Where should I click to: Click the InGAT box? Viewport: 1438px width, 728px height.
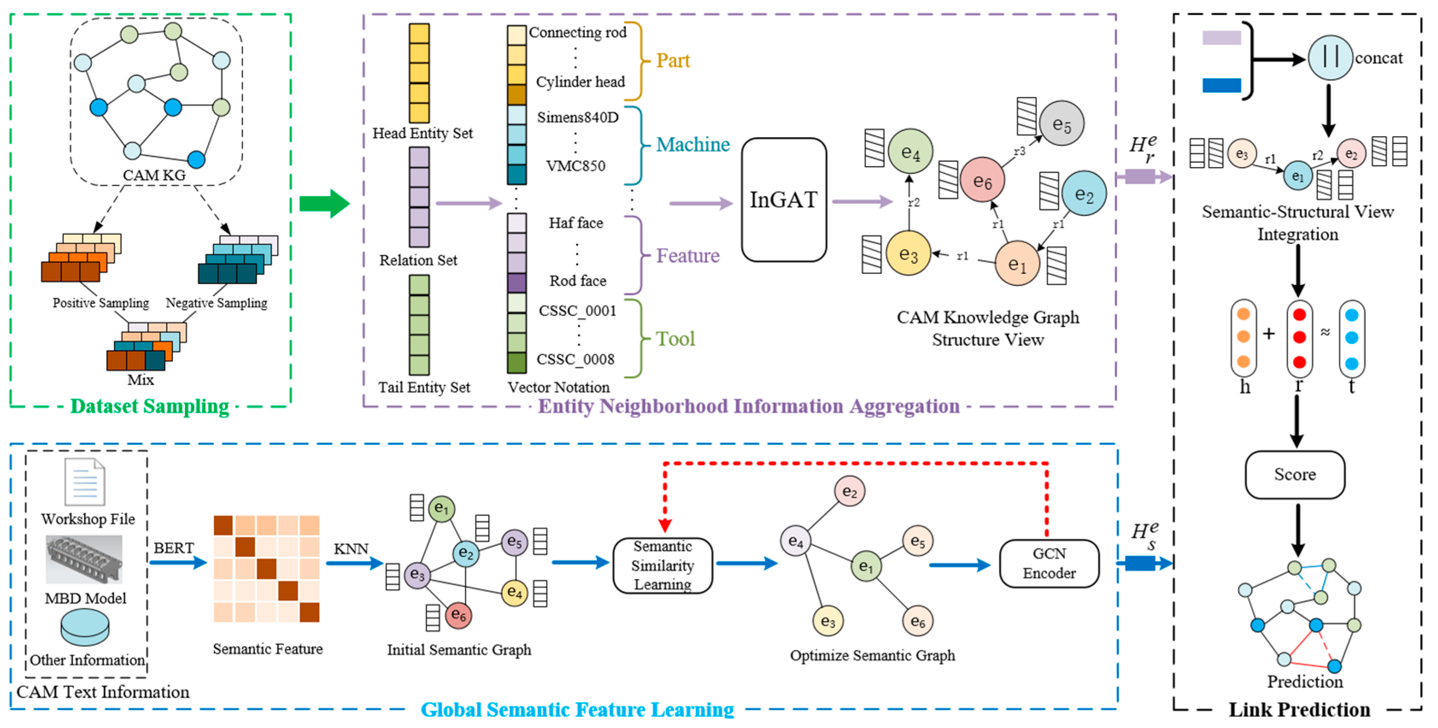pyautogui.click(x=783, y=200)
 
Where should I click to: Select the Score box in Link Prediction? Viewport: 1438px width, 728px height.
pyautogui.click(x=1294, y=475)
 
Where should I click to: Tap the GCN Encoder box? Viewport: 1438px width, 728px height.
pyautogui.click(x=1048, y=564)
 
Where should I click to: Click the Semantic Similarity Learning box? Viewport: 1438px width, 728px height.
pyautogui.click(x=662, y=565)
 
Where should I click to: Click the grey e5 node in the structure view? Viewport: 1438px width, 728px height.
pyautogui.click(x=1061, y=123)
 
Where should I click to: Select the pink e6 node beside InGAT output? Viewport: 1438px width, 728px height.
pyautogui.click(x=982, y=180)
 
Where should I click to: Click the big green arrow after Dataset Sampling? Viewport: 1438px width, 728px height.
pyautogui.click(x=324, y=203)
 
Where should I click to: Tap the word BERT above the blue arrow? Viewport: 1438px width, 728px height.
pyautogui.click(x=173, y=548)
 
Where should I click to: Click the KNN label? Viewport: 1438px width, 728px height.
pyautogui.click(x=351, y=549)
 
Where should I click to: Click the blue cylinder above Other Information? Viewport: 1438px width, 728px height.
pyautogui.click(x=85, y=627)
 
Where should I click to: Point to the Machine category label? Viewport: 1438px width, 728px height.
pyautogui.click(x=692, y=144)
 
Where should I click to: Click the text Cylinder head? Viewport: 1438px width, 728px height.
pyautogui.click(x=580, y=82)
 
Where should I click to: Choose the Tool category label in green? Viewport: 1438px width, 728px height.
pyautogui.click(x=675, y=339)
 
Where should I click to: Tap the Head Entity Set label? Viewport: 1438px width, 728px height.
pyautogui.click(x=422, y=133)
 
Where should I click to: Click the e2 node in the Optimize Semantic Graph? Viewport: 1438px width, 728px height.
pyautogui.click(x=849, y=491)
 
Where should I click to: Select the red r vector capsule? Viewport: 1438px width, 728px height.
pyautogui.click(x=1299, y=338)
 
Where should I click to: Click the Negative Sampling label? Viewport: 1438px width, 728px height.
pyautogui.click(x=216, y=302)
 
